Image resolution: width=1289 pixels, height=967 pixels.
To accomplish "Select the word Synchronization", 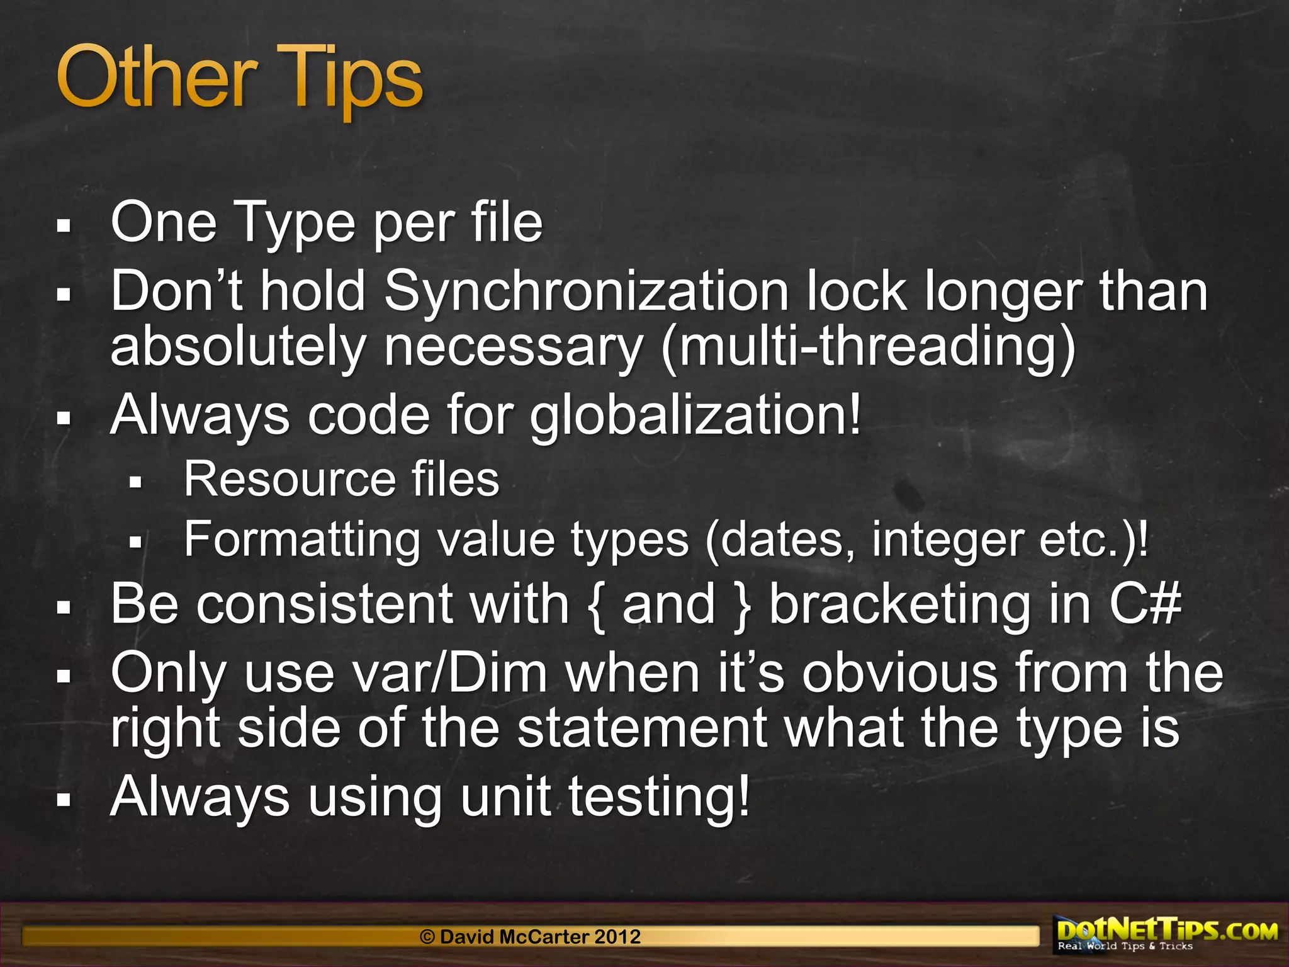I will (585, 291).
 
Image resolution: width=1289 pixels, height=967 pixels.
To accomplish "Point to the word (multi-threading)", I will (869, 348).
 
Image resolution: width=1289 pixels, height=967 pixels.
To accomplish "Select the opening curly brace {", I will (597, 606).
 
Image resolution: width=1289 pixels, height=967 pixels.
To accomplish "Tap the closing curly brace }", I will (743, 606).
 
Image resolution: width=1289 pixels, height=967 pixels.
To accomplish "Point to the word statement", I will (642, 728).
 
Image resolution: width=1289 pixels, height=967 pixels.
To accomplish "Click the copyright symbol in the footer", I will (427, 937).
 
